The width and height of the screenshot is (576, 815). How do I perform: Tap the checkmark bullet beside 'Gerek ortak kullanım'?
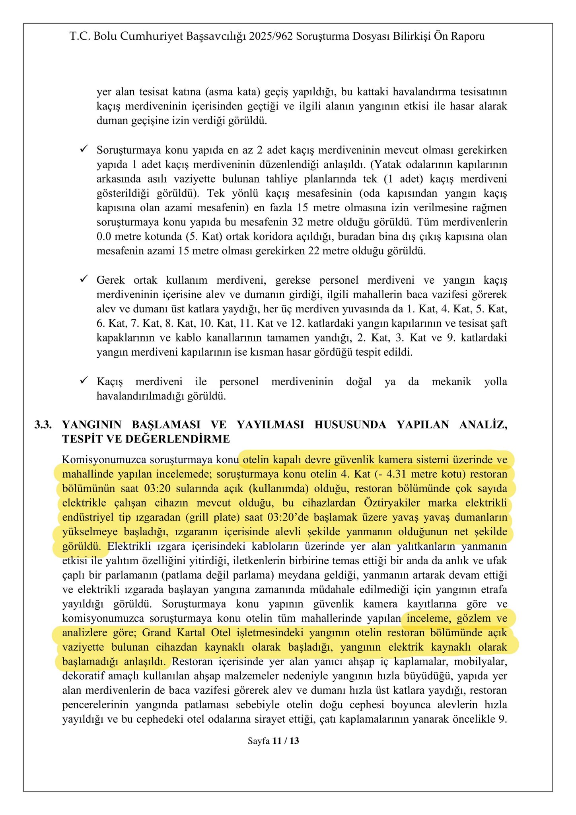[84, 279]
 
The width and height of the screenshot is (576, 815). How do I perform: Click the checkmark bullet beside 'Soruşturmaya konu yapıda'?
[84, 149]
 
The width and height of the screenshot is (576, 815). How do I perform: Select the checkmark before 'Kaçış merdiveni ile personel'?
[84, 381]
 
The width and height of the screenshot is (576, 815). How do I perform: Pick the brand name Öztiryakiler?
[392, 503]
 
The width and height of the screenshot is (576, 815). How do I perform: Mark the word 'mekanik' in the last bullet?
[451, 382]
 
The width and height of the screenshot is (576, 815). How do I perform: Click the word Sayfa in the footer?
[259, 741]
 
